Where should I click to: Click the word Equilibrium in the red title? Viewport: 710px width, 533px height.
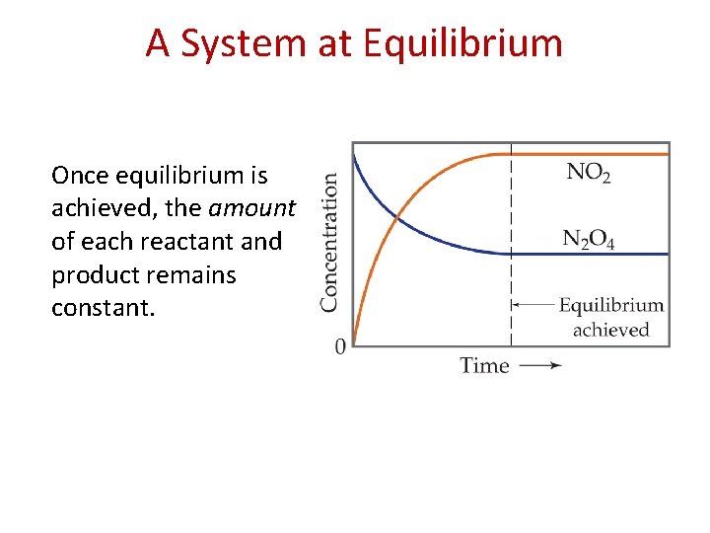coord(462,43)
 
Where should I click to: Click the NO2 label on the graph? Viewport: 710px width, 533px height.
coord(588,174)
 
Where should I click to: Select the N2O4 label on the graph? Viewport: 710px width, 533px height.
coord(588,240)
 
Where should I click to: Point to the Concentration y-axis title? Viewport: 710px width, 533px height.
coord(330,242)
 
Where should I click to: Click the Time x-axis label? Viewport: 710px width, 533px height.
coord(484,365)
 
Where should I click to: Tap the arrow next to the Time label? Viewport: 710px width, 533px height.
coord(541,365)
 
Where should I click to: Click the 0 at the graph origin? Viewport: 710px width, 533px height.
coord(340,346)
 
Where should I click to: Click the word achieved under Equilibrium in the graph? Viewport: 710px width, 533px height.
coord(610,330)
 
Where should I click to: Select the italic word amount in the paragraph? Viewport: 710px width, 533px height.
coord(251,208)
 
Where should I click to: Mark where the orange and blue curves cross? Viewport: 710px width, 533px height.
coord(396,217)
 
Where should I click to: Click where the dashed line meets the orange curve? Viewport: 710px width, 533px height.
coord(511,154)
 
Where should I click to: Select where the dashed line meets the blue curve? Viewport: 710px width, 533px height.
coord(511,254)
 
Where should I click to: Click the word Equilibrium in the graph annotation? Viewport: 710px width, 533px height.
coord(610,306)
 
